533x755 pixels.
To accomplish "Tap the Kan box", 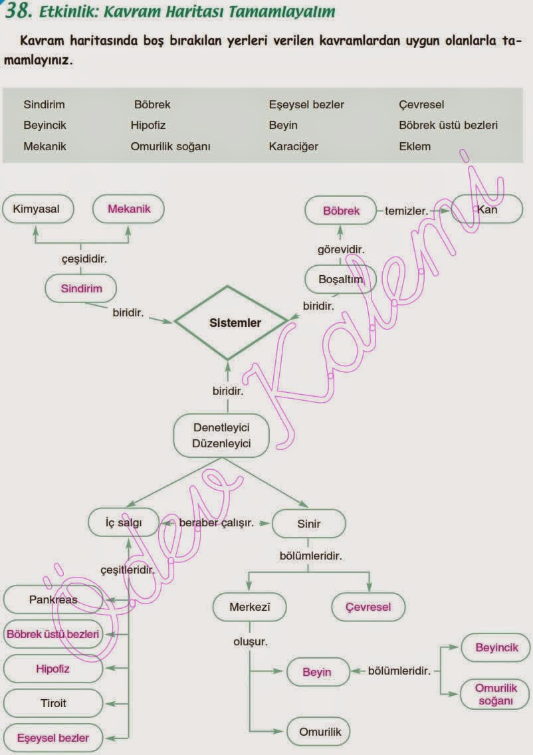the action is click(488, 210).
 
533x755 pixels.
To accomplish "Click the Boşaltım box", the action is click(340, 279).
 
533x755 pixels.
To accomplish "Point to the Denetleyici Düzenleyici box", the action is click(222, 435).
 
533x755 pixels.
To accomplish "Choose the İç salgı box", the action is click(124, 523).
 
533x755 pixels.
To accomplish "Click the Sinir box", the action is click(308, 524).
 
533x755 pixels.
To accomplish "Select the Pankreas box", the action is click(53, 599).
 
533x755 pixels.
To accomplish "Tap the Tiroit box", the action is click(53, 702).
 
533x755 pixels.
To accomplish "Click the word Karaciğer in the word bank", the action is click(294, 146).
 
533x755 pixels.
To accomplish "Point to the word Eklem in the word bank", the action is click(415, 146).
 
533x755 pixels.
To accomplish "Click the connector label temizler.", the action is click(407, 211).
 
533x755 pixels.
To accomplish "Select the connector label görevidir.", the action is click(340, 249).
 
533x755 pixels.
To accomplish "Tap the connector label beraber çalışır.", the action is click(217, 523).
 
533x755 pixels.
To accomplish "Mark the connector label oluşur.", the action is click(250, 642).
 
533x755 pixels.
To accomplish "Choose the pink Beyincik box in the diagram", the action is click(496, 647).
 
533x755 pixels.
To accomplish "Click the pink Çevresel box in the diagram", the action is click(368, 607).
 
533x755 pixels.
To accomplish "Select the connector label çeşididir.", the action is click(81, 259).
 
